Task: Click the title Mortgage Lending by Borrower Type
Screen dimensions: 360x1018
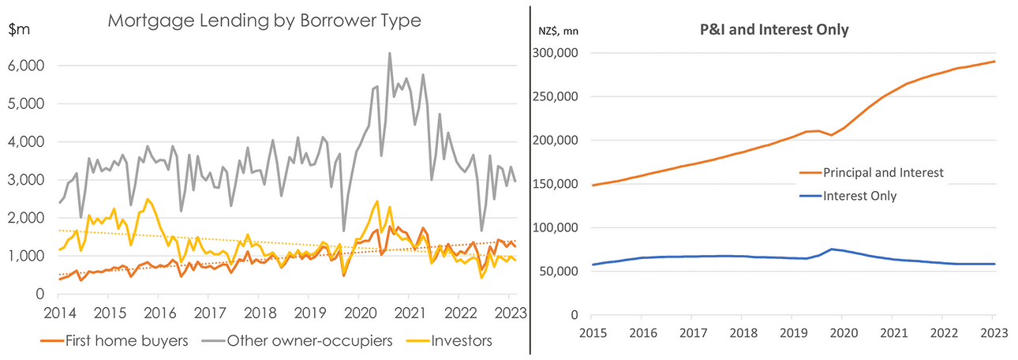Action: tap(264, 21)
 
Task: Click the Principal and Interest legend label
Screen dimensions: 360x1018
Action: tap(882, 172)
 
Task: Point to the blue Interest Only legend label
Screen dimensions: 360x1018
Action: tap(859, 196)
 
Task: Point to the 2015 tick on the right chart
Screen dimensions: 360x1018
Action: tap(593, 332)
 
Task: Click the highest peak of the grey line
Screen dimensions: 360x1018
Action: tap(390, 54)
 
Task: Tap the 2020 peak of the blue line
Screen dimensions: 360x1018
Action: tap(832, 249)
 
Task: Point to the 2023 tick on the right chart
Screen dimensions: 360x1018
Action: tap(992, 332)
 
